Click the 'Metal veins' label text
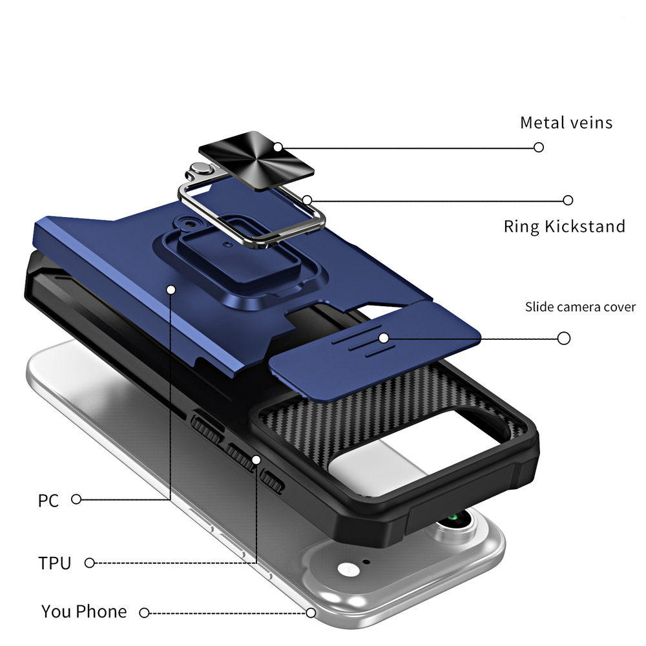tap(566, 122)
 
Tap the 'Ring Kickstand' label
tap(564, 226)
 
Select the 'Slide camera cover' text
tap(579, 307)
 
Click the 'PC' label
tap(48, 500)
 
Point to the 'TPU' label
tap(54, 563)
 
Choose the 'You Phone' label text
tap(84, 611)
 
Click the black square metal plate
tap(256, 158)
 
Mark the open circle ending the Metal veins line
tap(539, 147)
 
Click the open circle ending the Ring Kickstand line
tap(568, 200)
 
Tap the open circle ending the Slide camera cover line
tap(563, 338)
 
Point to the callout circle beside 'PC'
tap(76, 499)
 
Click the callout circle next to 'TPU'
tap(90, 563)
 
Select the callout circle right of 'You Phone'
tap(145, 612)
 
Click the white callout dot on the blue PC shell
tap(171, 290)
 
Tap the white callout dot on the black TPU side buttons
tap(256, 459)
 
